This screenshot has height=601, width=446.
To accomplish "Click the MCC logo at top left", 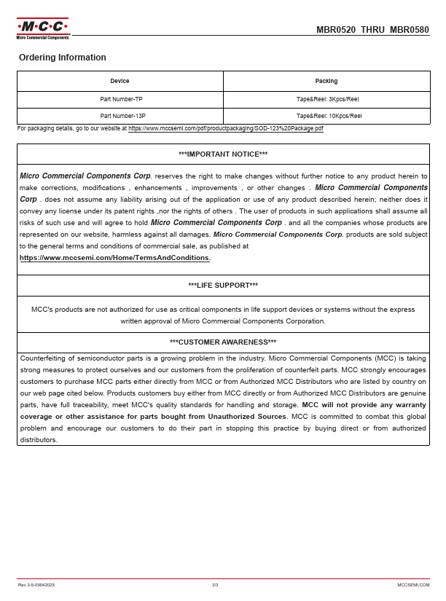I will (42, 28).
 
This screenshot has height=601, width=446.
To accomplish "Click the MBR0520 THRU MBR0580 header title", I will (372, 30).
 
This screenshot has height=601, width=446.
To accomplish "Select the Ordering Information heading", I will (63, 58).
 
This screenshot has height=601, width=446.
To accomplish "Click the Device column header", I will (120, 81).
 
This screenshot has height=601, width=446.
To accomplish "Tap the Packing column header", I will (326, 81).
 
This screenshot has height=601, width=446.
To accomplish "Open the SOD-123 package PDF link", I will (226, 128).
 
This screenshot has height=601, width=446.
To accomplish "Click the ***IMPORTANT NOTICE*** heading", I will (223, 154).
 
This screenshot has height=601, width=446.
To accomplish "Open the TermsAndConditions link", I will (115, 258).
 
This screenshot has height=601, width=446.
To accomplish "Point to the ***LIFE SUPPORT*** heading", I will (223, 286).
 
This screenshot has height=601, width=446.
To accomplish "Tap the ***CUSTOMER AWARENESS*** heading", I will (223, 342).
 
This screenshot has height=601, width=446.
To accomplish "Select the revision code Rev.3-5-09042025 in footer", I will (36, 585).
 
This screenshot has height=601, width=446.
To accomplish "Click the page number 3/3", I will (215, 585).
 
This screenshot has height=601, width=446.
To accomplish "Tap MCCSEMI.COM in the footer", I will (413, 585).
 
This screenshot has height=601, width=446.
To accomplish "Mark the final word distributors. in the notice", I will (39, 440).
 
